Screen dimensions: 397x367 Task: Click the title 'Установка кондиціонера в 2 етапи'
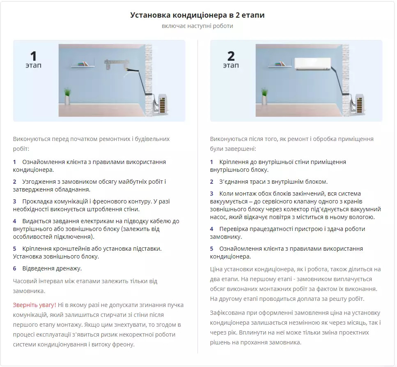pyautogui.click(x=197, y=15)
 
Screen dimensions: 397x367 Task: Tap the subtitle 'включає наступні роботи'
pyautogui.click(x=197, y=26)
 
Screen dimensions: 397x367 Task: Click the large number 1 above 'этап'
pyautogui.click(x=33, y=56)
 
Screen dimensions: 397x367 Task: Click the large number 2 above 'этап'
pyautogui.click(x=231, y=56)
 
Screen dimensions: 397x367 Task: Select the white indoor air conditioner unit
pyautogui.click(x=313, y=64)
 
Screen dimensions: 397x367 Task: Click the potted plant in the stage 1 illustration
pyautogui.click(x=67, y=96)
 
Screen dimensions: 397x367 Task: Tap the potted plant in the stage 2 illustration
pyautogui.click(x=264, y=96)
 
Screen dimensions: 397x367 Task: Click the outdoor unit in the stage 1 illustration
pyautogui.click(x=162, y=104)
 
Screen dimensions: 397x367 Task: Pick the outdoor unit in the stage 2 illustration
pyautogui.click(x=359, y=104)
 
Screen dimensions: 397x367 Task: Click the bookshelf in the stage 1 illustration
pyautogui.click(x=83, y=65)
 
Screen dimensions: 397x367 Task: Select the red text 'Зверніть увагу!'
pyautogui.click(x=34, y=305)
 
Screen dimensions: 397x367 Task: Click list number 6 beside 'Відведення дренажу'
pyautogui.click(x=14, y=268)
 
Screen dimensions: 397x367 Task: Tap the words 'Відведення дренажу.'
pyautogui.click(x=52, y=268)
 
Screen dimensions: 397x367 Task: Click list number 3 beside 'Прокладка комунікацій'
pyautogui.click(x=14, y=201)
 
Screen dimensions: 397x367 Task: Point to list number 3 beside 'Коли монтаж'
pyautogui.click(x=212, y=194)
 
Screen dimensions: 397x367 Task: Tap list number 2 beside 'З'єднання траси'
pyautogui.click(x=212, y=182)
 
